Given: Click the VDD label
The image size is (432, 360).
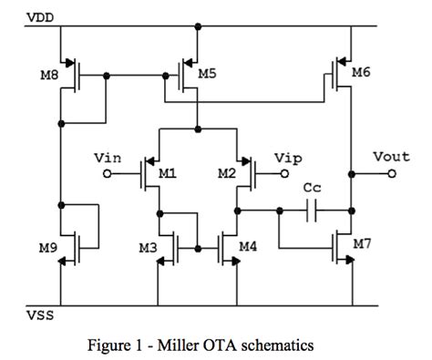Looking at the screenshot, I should (x=40, y=16).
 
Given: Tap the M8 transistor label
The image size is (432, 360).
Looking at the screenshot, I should (x=48, y=75).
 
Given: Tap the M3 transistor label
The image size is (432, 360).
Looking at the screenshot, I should (x=149, y=246).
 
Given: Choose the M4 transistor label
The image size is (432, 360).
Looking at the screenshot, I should (x=248, y=246).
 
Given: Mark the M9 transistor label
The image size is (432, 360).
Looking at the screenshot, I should (x=48, y=246).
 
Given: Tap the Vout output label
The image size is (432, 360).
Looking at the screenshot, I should (x=390, y=157).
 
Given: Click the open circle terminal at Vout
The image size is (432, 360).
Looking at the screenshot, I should (x=394, y=171).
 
